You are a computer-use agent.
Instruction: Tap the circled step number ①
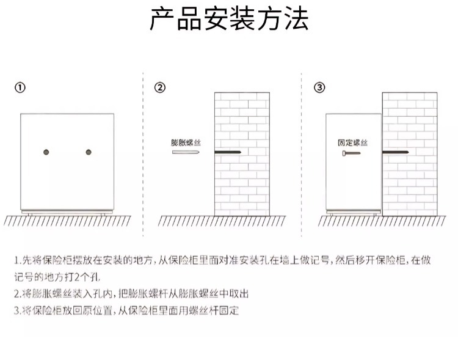[20, 87]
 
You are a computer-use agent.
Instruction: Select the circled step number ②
[160, 87]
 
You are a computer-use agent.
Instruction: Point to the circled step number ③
[319, 87]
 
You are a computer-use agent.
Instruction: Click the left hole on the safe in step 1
[46, 152]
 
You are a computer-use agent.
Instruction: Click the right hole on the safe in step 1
[89, 152]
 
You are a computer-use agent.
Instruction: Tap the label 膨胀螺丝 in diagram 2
[186, 142]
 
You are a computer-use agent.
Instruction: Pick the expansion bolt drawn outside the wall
[186, 152]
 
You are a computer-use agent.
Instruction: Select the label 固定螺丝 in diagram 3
[353, 142]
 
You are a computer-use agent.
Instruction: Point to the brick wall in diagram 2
[242, 183]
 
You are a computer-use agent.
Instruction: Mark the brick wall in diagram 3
[410, 183]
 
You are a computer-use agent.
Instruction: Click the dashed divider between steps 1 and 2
[144, 153]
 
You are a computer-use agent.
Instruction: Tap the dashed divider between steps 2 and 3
[302, 153]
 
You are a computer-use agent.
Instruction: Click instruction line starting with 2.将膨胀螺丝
[131, 293]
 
